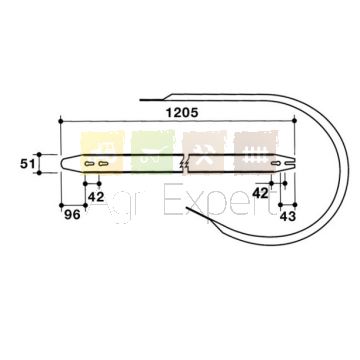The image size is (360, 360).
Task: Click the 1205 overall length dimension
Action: click(182, 113)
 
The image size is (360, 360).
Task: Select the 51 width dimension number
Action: click(27, 164)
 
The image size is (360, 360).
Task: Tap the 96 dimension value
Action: click(72, 215)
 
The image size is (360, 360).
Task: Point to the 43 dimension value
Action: click(288, 216)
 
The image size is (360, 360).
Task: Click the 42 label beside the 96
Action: click(96, 197)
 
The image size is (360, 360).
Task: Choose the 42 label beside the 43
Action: click(260, 193)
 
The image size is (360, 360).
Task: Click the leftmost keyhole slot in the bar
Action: click(89, 163)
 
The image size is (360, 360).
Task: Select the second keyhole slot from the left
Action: click(103, 163)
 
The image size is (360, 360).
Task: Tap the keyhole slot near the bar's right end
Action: click(275, 163)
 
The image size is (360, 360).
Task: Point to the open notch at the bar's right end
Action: click(290, 163)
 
